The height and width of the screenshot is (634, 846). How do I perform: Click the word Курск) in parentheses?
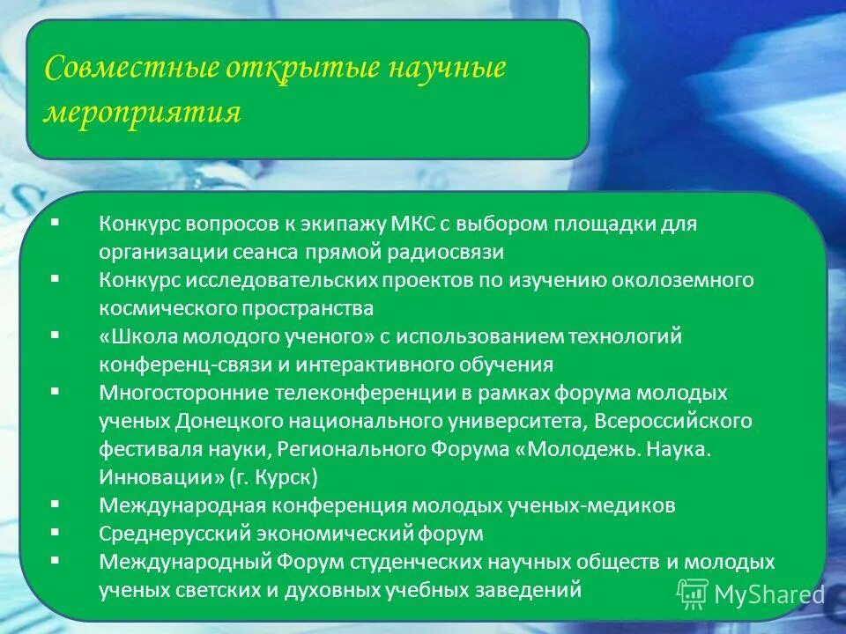[290, 477]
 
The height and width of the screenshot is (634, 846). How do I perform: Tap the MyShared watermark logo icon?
[692, 594]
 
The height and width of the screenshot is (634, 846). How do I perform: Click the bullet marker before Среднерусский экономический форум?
[56, 532]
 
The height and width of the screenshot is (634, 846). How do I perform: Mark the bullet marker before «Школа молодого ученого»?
[56, 335]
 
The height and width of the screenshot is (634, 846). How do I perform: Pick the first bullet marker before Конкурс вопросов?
[56, 222]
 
